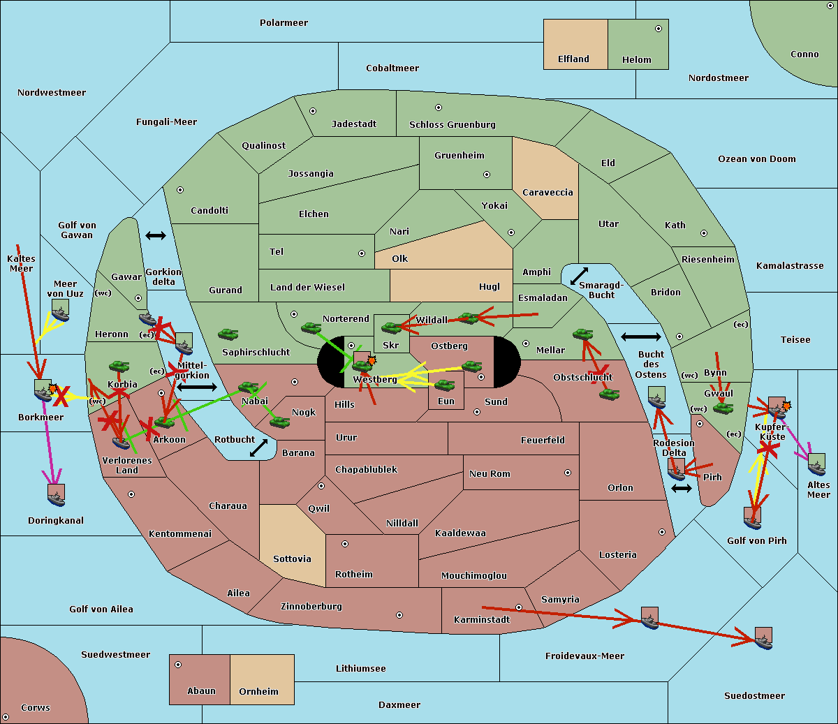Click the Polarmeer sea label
click(284, 23)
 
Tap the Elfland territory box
click(575, 44)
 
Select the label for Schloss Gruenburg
click(452, 125)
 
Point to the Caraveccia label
click(547, 193)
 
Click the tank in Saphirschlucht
click(228, 334)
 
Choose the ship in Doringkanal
click(57, 495)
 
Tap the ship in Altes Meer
click(816, 464)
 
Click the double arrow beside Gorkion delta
click(155, 236)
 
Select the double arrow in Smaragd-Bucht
click(579, 276)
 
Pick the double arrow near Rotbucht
click(258, 448)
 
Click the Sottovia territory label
click(292, 559)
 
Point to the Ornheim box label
click(258, 692)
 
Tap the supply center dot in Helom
click(658, 29)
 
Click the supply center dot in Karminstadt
click(519, 607)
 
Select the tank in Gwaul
click(722, 408)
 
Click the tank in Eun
click(444, 385)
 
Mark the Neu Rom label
click(490, 474)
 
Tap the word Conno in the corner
click(804, 54)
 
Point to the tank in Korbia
click(119, 366)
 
